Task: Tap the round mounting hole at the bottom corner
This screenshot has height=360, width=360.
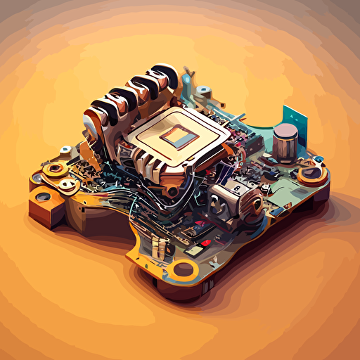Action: tap(185, 268)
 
